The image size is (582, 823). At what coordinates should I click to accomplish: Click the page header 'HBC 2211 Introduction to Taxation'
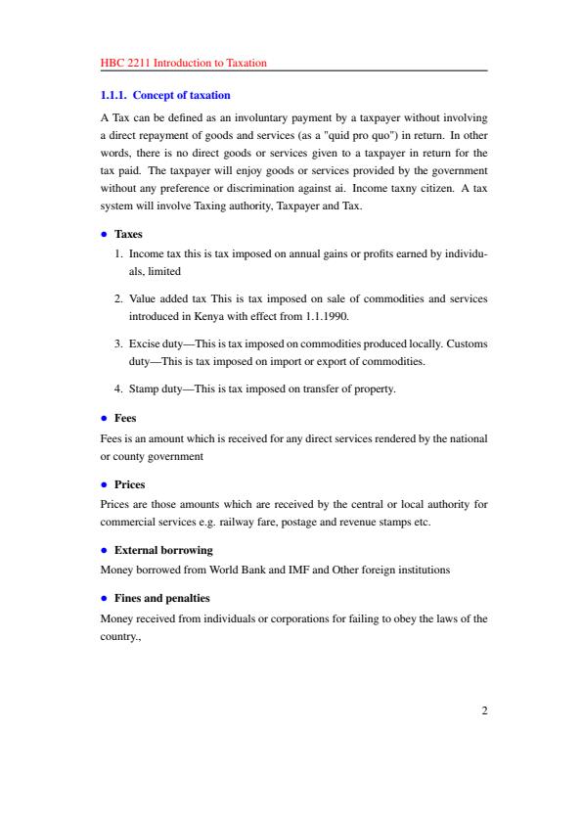184,63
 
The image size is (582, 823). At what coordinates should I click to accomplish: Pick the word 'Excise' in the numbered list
145,343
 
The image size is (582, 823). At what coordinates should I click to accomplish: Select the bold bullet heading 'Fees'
125,418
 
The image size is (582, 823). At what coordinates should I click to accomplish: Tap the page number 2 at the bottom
483,710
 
